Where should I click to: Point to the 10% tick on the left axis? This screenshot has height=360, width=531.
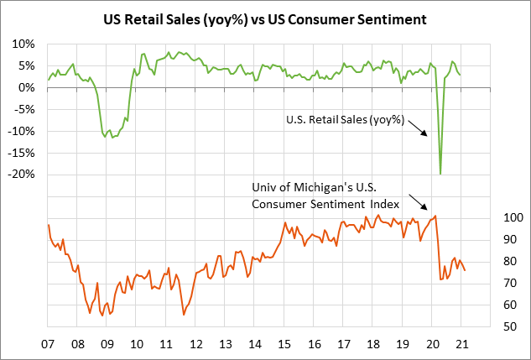[23, 44]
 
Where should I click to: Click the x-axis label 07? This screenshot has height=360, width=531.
[48, 345]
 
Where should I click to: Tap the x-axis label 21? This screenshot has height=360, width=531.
[461, 345]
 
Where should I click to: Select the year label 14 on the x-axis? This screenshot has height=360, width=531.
[254, 345]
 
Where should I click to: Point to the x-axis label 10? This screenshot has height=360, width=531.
[136, 345]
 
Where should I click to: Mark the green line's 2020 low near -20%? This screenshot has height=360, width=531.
[440, 174]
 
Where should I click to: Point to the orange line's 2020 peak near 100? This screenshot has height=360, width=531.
[435, 217]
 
